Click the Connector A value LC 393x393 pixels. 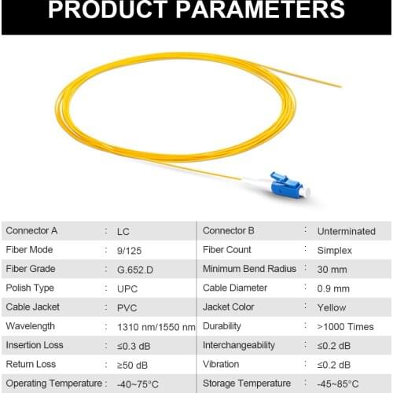pyautogui.click(x=123, y=231)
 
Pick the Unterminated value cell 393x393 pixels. pyautogui.click(x=346, y=231)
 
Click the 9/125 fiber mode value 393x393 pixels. pyautogui.click(x=127, y=250)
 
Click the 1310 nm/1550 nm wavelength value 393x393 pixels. pyautogui.click(x=156, y=326)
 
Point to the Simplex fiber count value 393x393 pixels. pyautogui.click(x=335, y=250)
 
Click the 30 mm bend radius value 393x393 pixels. pyautogui.click(x=332, y=269)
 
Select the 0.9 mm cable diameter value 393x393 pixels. pyautogui.click(x=334, y=288)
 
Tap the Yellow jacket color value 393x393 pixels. pyautogui.click(x=332, y=307)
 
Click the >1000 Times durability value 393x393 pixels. pyautogui.click(x=345, y=326)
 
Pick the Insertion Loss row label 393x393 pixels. pyautogui.click(x=35, y=345)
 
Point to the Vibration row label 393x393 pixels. pyautogui.click(x=221, y=365)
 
